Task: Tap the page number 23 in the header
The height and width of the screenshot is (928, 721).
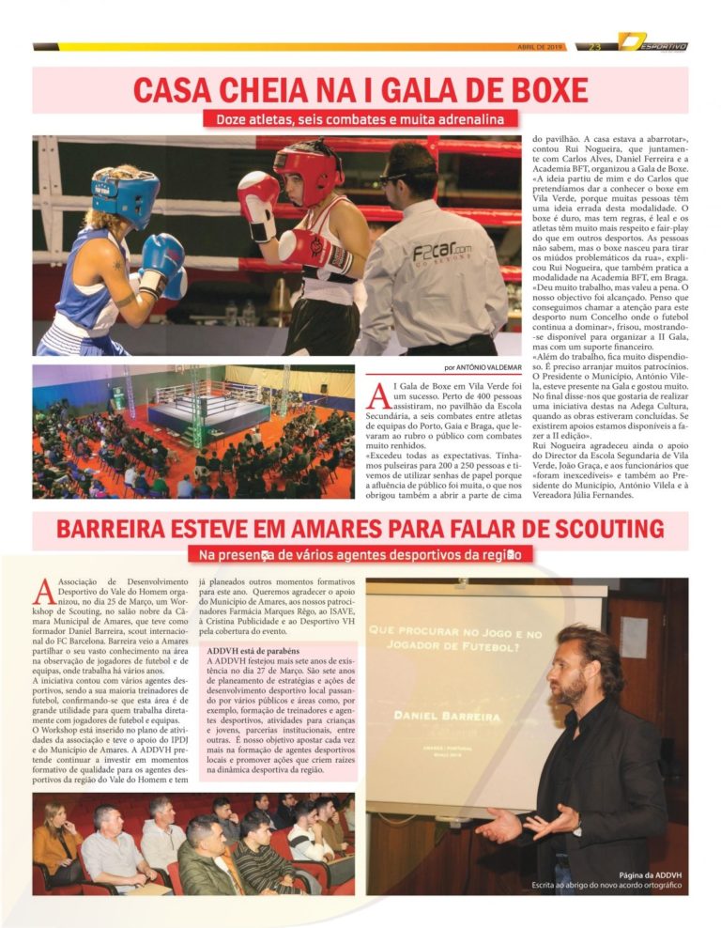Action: coord(595,47)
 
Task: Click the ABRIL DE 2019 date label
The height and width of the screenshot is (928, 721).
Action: coord(541,47)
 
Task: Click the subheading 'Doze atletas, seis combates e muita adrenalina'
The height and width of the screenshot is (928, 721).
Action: coord(360,119)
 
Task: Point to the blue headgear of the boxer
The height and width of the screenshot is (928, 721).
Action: coord(125,194)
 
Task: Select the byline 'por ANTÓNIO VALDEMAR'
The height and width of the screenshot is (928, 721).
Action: coord(483,367)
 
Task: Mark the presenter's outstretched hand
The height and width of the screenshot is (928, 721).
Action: coord(500,827)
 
